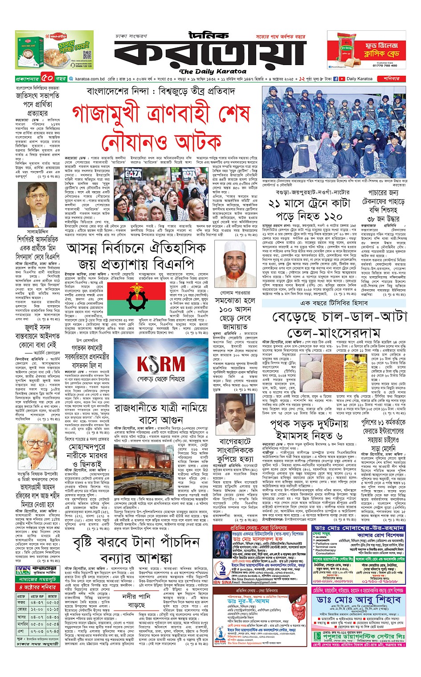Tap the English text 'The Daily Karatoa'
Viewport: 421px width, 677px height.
click(213, 71)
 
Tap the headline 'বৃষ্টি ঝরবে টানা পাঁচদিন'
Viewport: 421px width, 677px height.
click(136, 543)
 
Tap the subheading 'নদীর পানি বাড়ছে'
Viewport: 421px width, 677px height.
click(136, 600)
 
